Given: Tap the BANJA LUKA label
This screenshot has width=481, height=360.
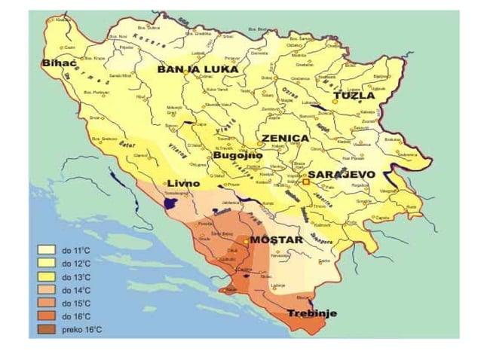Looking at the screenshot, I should tap(198, 69).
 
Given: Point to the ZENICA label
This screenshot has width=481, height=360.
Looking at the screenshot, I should tap(284, 139).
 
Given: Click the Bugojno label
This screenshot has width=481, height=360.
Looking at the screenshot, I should tap(238, 155).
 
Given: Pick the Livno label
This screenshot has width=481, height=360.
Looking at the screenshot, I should tap(183, 183).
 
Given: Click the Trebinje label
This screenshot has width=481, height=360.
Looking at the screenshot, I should tap(312, 313).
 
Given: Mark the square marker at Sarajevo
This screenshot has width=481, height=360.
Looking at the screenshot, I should tap(306, 182).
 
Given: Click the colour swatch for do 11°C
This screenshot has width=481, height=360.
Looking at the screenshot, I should tap(46, 249).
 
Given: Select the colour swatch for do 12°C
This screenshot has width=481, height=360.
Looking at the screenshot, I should tap(46, 263).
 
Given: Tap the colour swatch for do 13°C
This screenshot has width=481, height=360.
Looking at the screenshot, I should tap(46, 276).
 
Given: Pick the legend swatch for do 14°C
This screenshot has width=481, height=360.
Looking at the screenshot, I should tap(46, 290).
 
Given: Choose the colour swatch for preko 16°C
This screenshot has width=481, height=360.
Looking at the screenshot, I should tap(46, 330).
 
